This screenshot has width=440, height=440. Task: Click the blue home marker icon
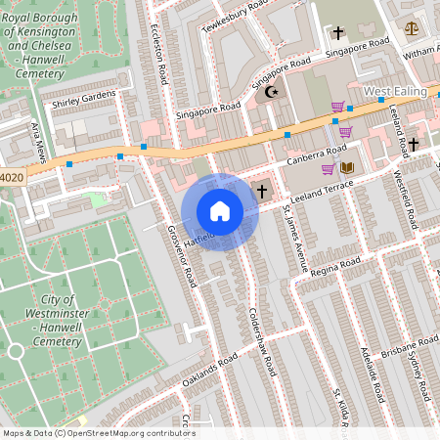click(x=220, y=211)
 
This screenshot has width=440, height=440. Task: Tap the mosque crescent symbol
click(x=271, y=92)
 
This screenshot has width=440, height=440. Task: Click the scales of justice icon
click(x=411, y=28)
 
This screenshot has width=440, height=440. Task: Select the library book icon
click(x=346, y=168)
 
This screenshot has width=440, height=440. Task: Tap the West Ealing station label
click(x=397, y=92)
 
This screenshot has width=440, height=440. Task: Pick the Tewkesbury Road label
click(x=235, y=18)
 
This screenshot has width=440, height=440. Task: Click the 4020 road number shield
click(x=11, y=178)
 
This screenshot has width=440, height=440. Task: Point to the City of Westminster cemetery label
click(x=55, y=320)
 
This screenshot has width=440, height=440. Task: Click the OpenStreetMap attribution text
click(x=98, y=433)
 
